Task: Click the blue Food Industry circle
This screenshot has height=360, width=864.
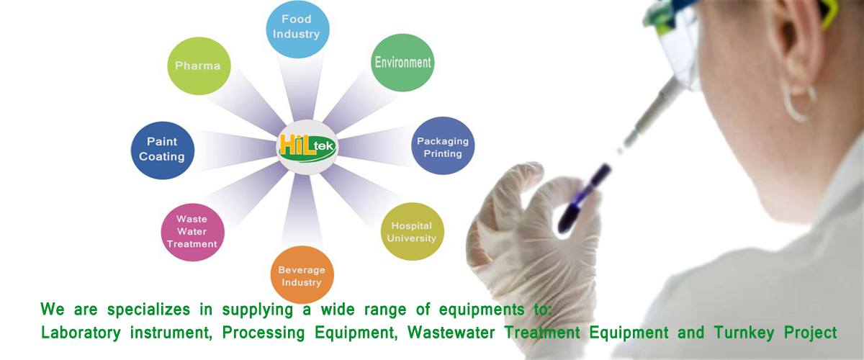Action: tap(298, 29)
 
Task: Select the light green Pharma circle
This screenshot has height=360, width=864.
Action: tap(199, 66)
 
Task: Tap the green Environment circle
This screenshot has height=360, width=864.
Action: tap(402, 63)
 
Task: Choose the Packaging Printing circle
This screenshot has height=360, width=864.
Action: tap(443, 146)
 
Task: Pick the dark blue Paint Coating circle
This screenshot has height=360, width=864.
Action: tap(163, 150)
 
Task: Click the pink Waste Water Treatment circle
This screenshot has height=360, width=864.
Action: tap(192, 233)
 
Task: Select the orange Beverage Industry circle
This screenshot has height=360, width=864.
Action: tap(302, 275)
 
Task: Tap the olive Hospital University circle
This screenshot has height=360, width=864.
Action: tap(412, 232)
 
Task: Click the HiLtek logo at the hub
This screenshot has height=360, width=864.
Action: tap(307, 147)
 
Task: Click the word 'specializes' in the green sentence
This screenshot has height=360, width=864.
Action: tap(148, 310)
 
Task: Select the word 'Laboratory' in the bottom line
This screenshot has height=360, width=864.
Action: tap(81, 333)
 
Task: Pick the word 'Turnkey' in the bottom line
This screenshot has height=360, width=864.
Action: tap(744, 333)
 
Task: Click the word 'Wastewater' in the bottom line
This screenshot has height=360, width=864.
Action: tap(451, 333)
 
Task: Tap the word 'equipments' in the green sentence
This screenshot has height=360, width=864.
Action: tap(482, 310)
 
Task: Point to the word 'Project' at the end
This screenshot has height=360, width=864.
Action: tap(811, 333)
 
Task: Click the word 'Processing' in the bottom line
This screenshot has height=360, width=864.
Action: tap(264, 333)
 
